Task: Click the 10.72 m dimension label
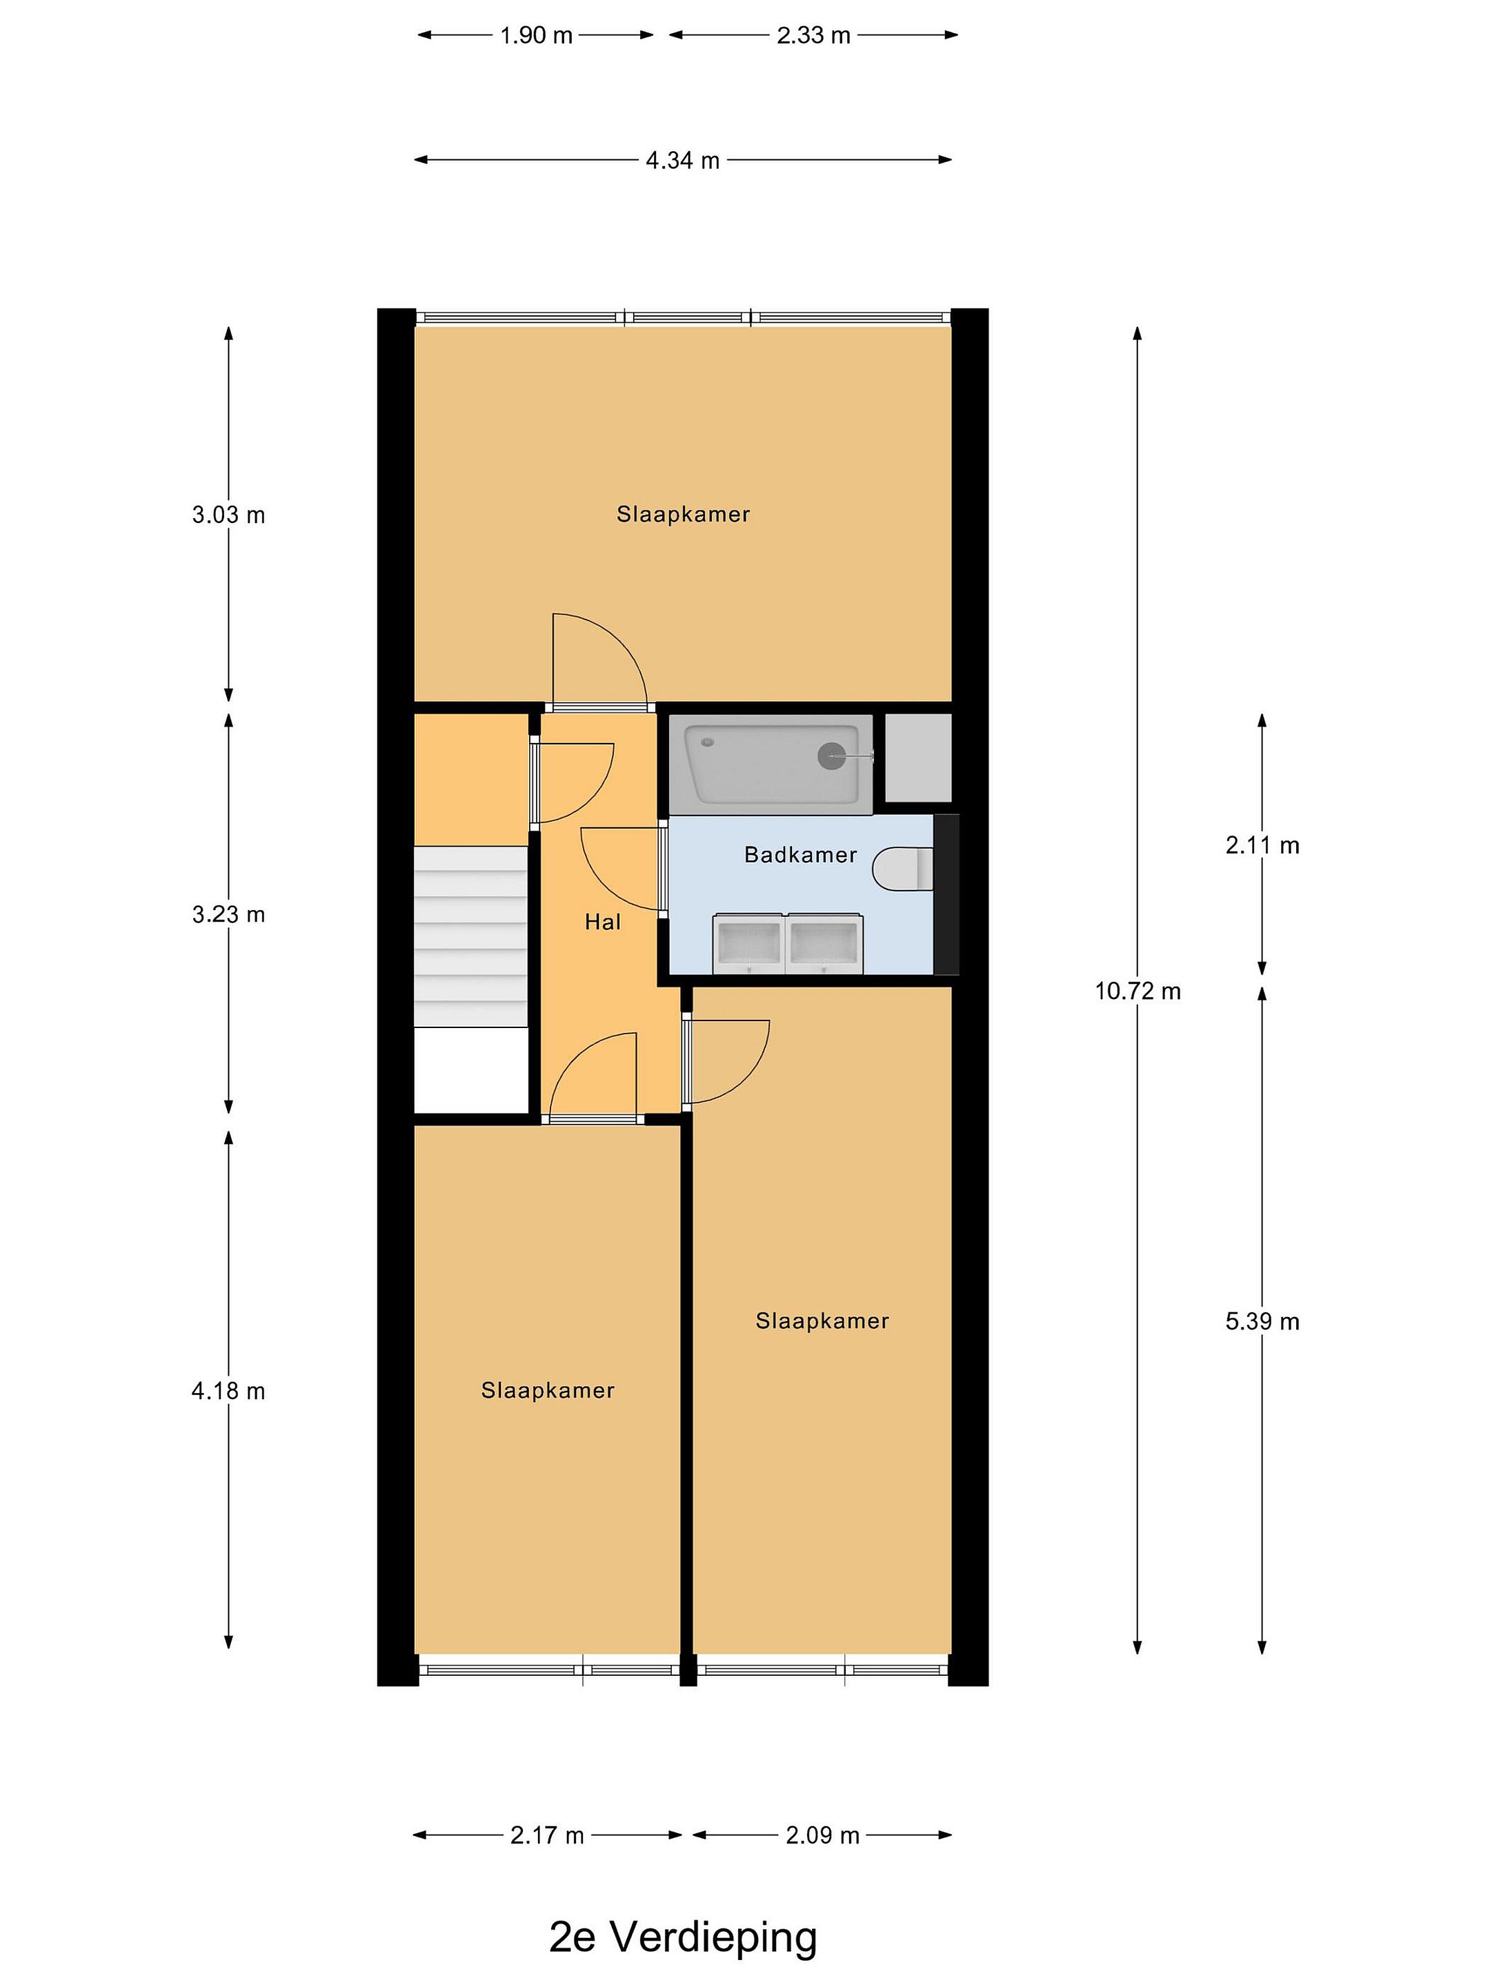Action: point(1137,991)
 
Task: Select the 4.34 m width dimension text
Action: point(683,161)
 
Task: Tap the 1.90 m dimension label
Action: point(536,36)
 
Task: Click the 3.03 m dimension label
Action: point(228,515)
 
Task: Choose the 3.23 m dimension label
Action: point(228,914)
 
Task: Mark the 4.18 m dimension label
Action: point(228,1392)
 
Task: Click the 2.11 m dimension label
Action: point(1262,845)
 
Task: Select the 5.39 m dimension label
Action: point(1262,1321)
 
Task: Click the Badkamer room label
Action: point(800,855)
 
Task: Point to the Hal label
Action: point(603,922)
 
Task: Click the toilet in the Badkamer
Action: point(904,869)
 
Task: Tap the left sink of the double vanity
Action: point(749,943)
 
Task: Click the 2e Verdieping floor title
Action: point(684,1937)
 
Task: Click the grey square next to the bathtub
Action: point(918,758)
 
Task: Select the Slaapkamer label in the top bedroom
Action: point(683,515)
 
